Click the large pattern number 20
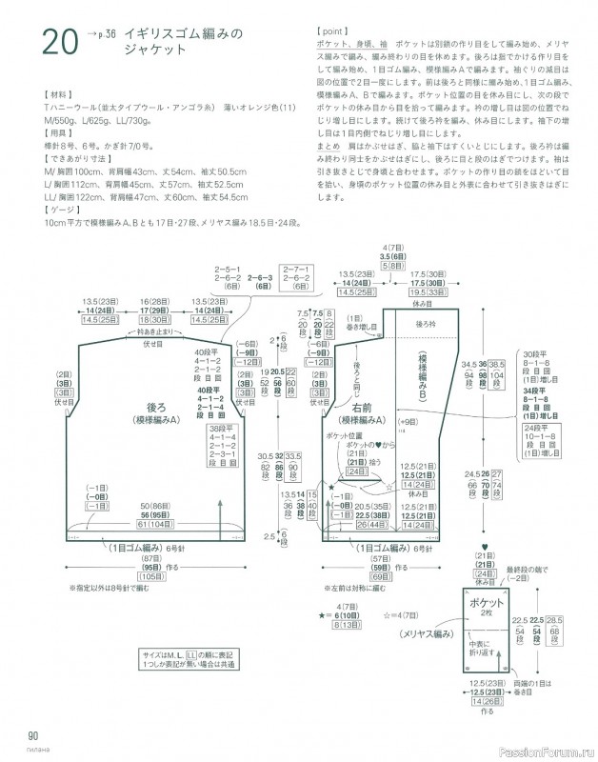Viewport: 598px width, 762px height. (x=59, y=43)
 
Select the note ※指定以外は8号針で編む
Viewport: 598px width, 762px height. (x=109, y=588)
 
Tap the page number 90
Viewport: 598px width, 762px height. (x=33, y=733)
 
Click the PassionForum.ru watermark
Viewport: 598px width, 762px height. (x=548, y=751)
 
